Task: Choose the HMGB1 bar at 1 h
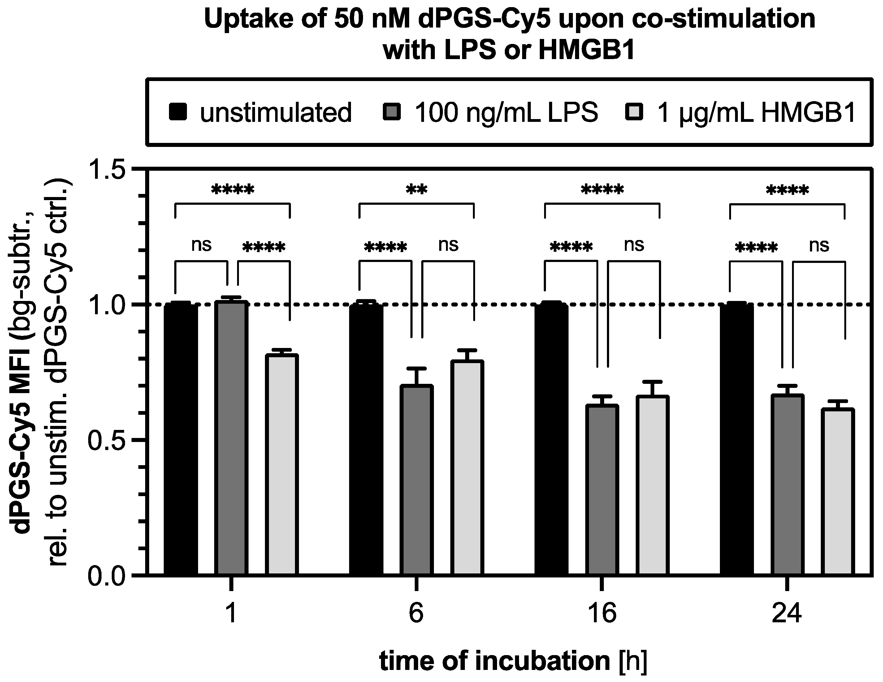point(282,465)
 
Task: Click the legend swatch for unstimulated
point(178,112)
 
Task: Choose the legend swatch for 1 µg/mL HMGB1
point(634,112)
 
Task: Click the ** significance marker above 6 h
point(417,190)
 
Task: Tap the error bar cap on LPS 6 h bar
point(417,368)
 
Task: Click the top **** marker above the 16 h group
point(602,190)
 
